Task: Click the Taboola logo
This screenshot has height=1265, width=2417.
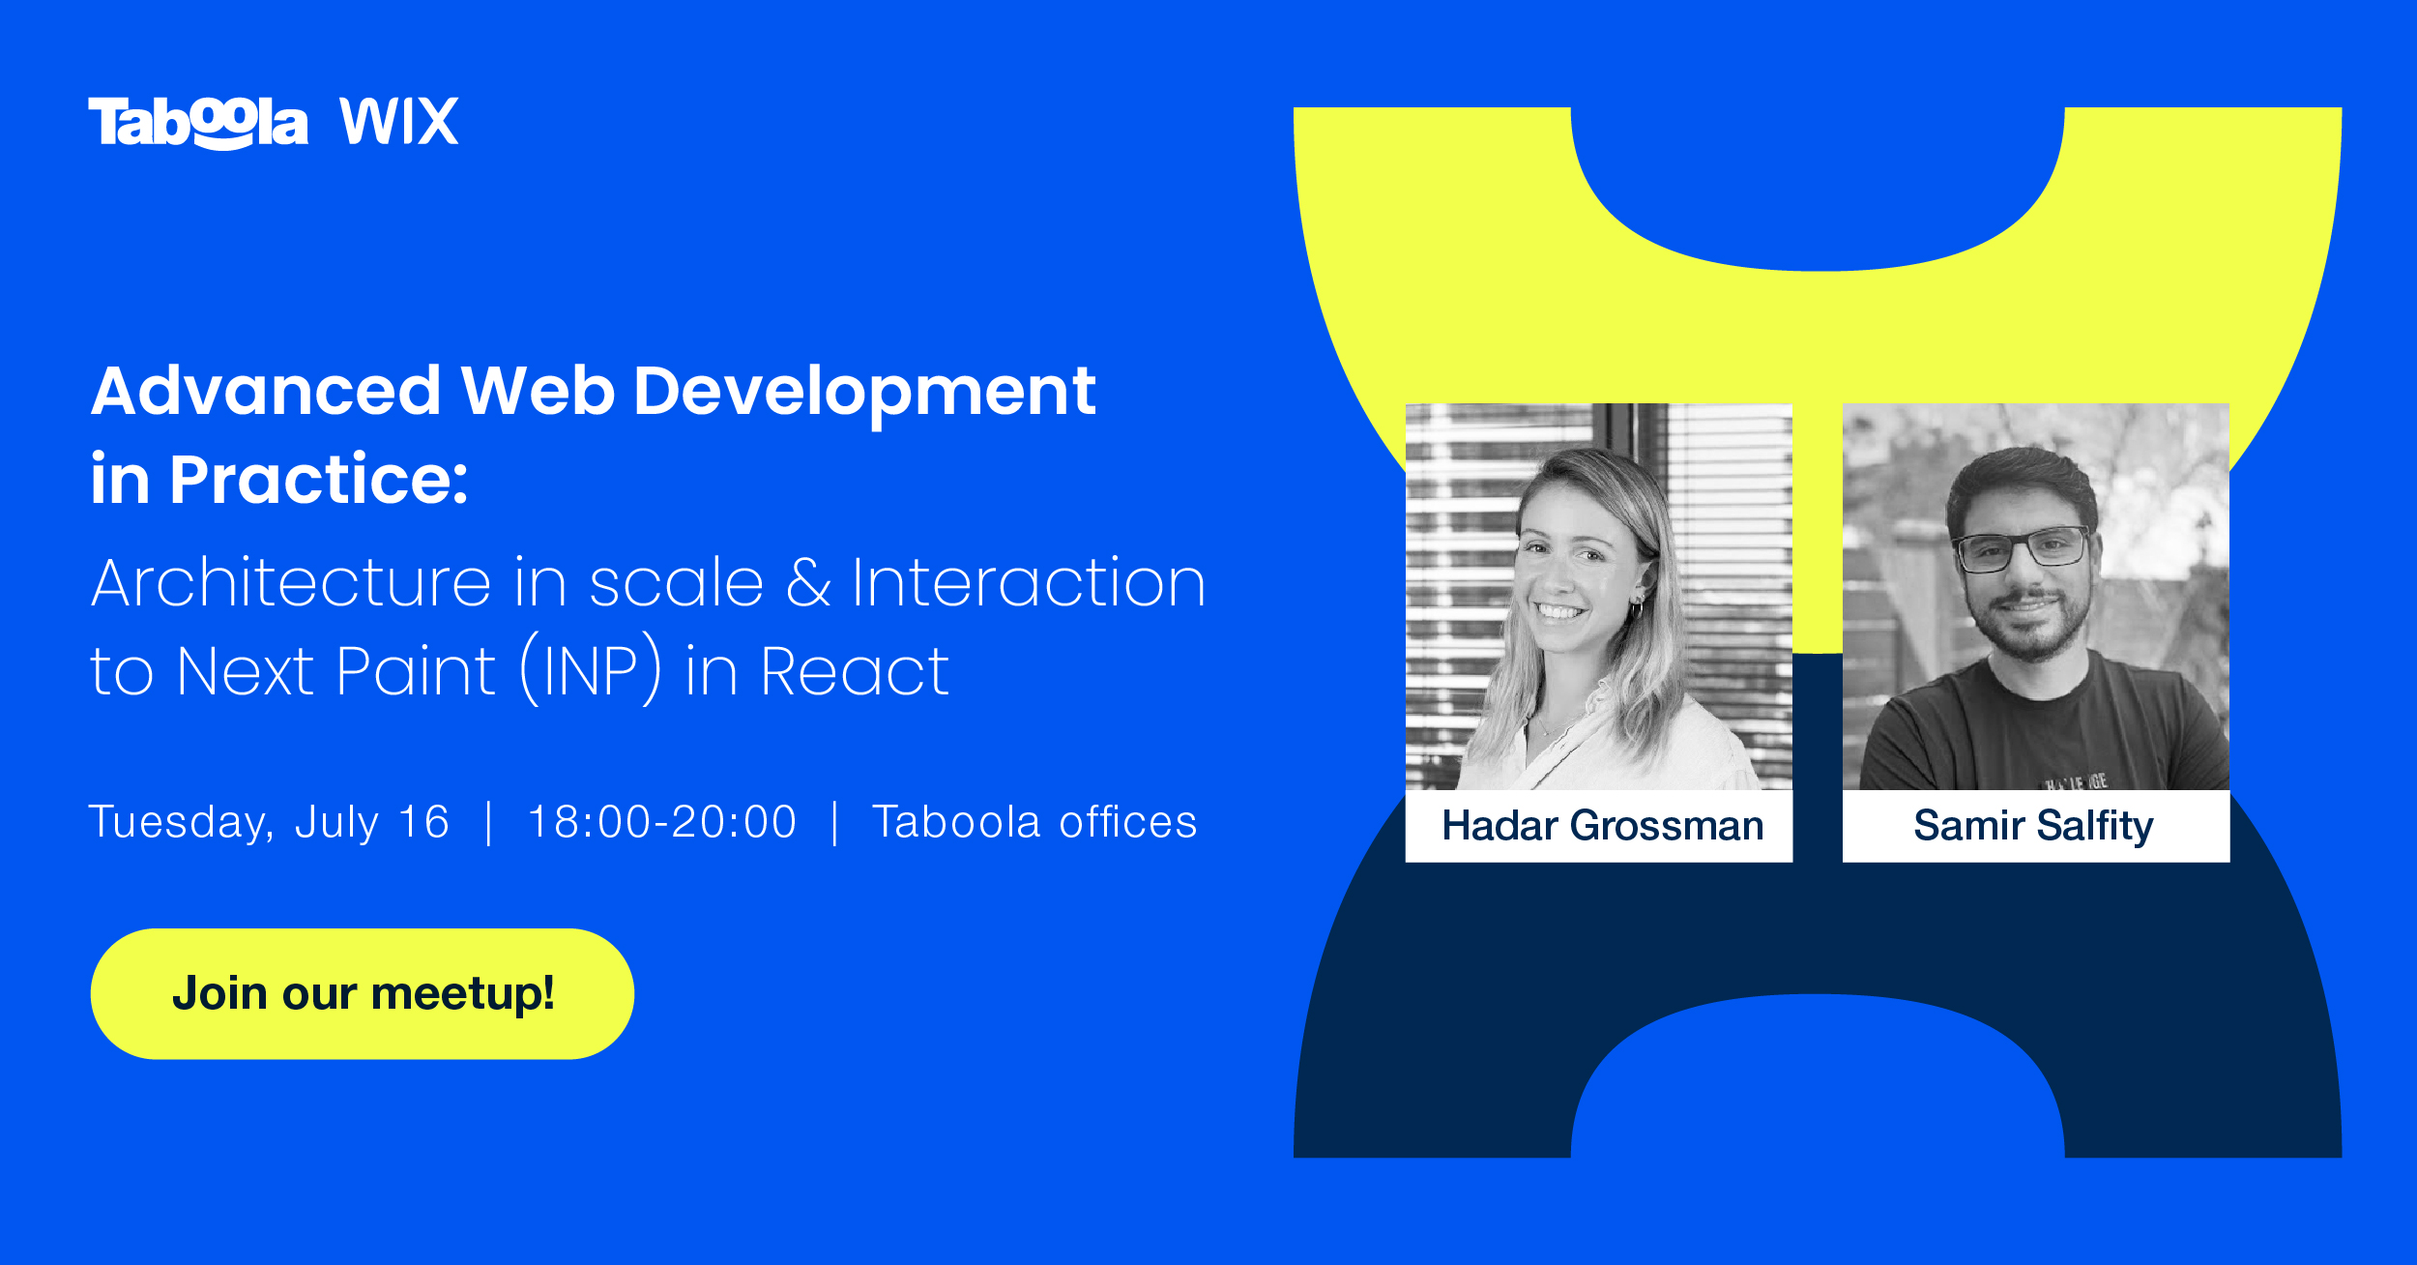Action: (x=198, y=123)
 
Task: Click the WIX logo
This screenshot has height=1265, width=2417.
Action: (x=398, y=122)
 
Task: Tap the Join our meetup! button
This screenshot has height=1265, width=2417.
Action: (x=362, y=994)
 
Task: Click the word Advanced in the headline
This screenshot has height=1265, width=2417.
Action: (x=266, y=391)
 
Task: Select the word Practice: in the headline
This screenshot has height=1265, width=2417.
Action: (x=319, y=479)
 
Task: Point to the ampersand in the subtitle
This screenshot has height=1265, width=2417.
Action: (x=808, y=583)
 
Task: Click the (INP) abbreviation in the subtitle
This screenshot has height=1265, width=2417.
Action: (x=592, y=670)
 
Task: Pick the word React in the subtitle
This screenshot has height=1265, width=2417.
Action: (x=855, y=671)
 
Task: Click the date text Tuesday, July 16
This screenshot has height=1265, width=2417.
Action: (x=269, y=823)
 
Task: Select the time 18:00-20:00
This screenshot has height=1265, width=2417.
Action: (x=662, y=823)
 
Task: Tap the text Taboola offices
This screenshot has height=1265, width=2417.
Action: (x=1034, y=823)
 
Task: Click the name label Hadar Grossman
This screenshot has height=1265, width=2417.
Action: (x=1602, y=826)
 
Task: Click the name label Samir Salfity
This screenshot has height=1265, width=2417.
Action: (x=2034, y=826)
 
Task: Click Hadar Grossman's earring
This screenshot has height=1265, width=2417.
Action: (x=1637, y=607)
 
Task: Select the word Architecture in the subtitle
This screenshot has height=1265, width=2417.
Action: (x=291, y=583)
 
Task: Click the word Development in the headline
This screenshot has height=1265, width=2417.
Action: (x=864, y=391)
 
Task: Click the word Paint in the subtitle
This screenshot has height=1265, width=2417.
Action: (x=416, y=671)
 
